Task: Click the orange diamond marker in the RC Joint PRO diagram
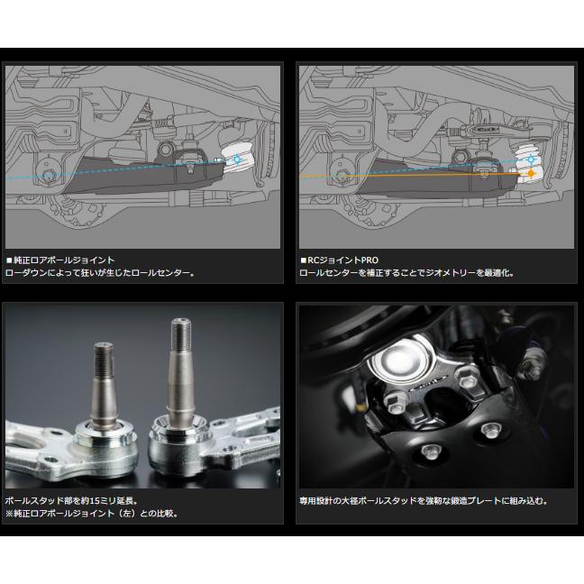pyautogui.click(x=533, y=172)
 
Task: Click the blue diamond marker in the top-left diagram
pyautogui.click(x=237, y=160)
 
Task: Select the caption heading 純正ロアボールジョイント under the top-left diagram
pyautogui.click(x=62, y=259)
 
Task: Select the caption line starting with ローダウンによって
pyautogui.click(x=99, y=271)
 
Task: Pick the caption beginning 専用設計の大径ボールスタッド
pyautogui.click(x=423, y=499)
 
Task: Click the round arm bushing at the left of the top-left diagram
pyautogui.click(x=42, y=173)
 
